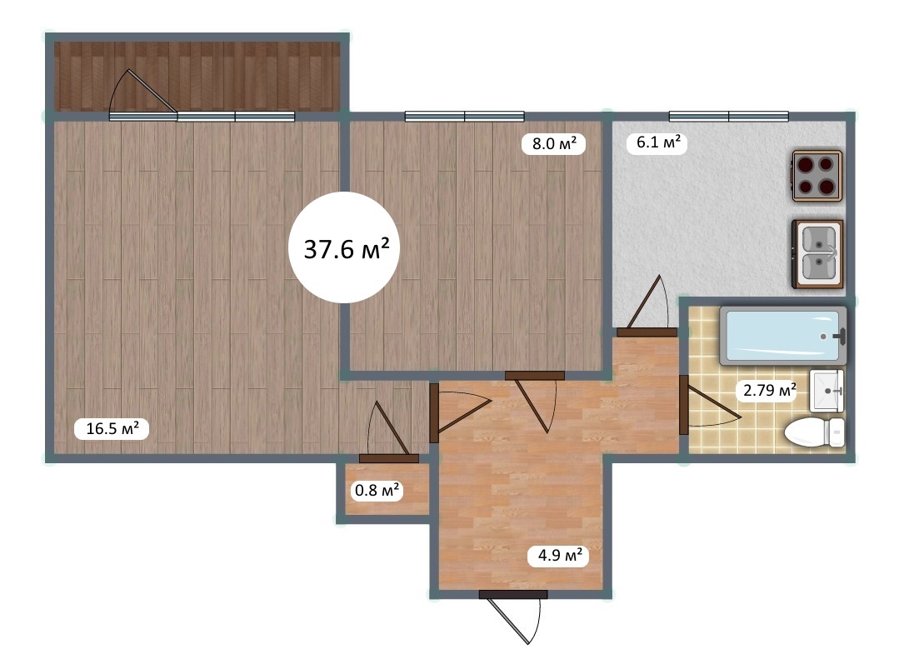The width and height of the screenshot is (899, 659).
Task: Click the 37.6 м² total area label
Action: coord(347,249)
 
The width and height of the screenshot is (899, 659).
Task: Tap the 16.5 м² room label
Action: coord(112,428)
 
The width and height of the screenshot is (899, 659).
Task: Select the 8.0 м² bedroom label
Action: coord(554,142)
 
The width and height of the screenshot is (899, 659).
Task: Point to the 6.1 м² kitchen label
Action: coord(658,142)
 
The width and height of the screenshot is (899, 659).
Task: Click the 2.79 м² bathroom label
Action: coord(769,391)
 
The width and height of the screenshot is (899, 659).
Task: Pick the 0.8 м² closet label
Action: coord(377,491)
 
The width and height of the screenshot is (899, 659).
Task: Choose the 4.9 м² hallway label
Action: coord(560,555)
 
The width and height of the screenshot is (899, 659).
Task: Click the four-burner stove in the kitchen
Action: coord(817,176)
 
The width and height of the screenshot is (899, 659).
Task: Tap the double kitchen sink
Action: coord(817,253)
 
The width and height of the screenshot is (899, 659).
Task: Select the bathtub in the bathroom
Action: coord(782,336)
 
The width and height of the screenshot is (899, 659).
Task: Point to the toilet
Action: coord(814,432)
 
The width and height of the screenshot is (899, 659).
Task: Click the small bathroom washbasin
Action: coord(827,391)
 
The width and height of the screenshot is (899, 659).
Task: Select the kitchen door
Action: coord(647,306)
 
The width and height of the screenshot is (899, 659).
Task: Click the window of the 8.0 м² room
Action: coord(464,117)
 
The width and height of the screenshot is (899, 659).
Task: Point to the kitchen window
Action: coord(729,117)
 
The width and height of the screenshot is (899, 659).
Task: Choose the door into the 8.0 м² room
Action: coord(535,402)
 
